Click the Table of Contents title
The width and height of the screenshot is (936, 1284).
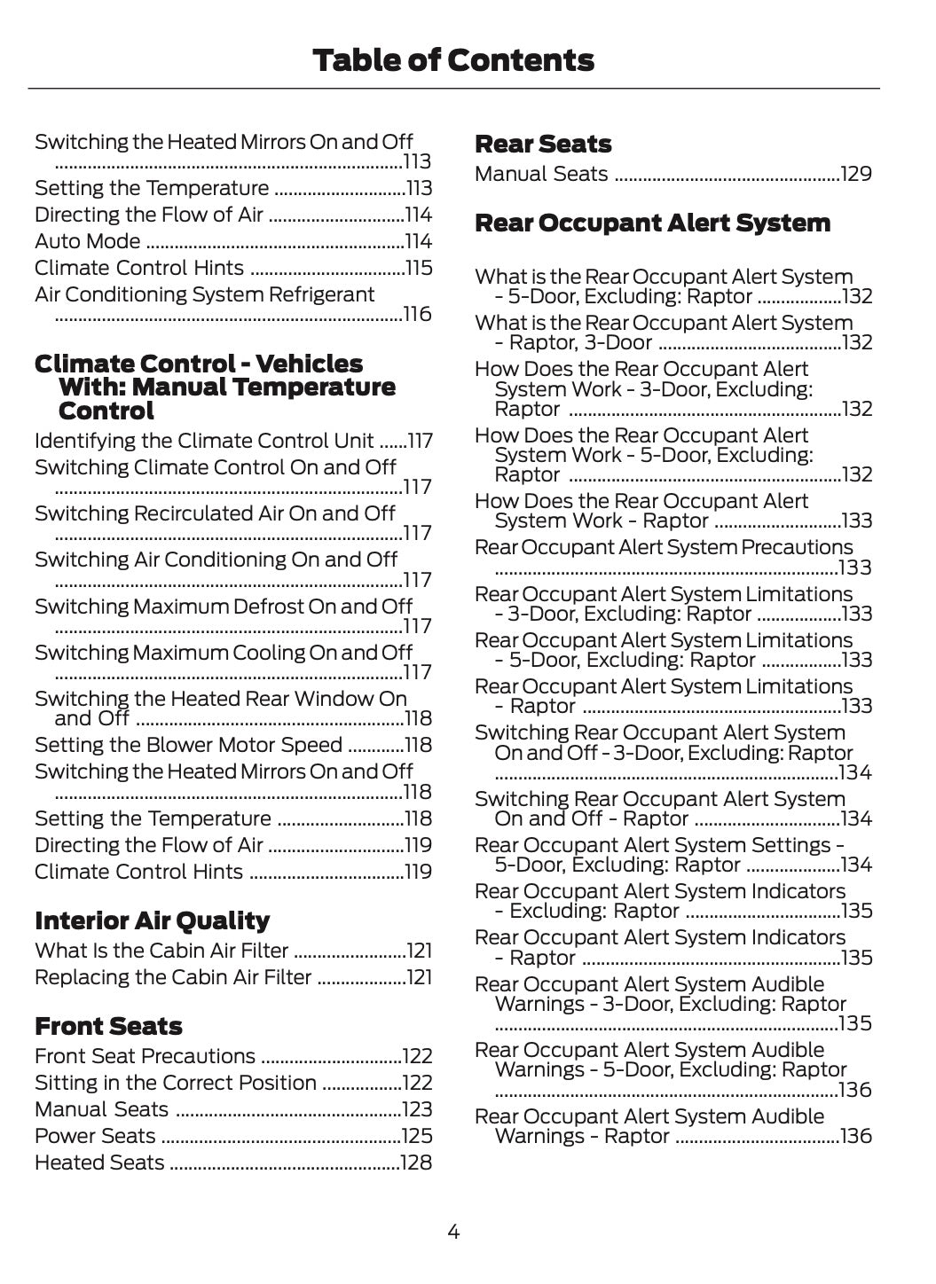click(452, 60)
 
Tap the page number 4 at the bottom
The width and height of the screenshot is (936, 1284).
click(453, 1231)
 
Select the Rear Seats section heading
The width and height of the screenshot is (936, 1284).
click(543, 144)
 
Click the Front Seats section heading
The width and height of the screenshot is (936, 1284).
click(108, 1026)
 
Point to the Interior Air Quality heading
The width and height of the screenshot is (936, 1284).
click(152, 920)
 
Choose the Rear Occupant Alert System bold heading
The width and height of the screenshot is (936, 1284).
click(652, 223)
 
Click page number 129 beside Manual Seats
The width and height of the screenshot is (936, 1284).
click(856, 174)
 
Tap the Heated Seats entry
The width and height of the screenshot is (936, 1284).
click(99, 1163)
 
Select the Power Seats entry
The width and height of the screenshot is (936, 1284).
click(95, 1136)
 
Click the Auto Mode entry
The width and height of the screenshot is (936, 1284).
click(87, 241)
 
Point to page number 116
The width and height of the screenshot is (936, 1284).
click(417, 314)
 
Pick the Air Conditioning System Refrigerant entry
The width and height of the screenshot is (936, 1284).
click(204, 294)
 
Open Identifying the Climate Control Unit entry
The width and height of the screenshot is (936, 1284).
click(204, 441)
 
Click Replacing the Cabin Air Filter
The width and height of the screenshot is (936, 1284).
click(173, 977)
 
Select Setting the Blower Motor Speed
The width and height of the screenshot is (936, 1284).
click(188, 745)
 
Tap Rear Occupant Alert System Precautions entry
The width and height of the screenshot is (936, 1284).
click(664, 547)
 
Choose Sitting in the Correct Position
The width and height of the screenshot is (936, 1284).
click(176, 1083)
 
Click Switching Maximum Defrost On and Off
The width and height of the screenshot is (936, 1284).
click(224, 607)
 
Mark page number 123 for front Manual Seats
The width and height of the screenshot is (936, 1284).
click(417, 1109)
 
